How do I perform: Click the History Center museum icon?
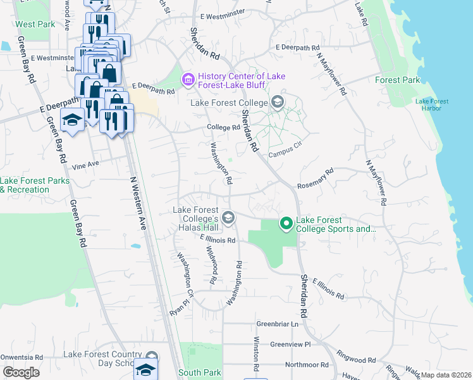coord(187,80)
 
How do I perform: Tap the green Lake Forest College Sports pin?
coord(286,223)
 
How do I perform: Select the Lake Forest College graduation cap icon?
coord(277,102)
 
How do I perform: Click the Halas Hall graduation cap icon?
coord(228,218)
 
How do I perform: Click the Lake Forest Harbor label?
coord(432,104)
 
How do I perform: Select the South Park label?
coord(199,372)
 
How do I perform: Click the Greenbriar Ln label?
coord(277,324)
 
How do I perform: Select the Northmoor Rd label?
coord(307,365)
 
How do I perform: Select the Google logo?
coord(21,372)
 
